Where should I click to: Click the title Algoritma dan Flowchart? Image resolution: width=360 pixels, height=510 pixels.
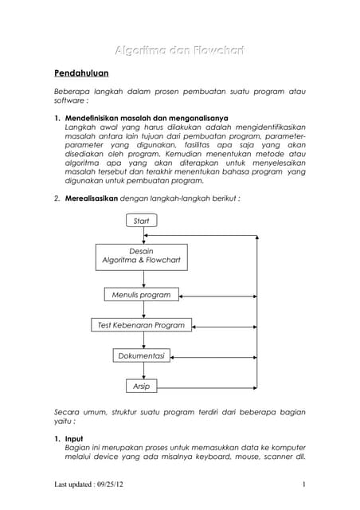coord(179,50)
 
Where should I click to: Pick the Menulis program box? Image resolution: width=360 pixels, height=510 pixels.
coord(141,295)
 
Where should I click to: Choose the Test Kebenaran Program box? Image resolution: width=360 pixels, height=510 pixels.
coord(141,325)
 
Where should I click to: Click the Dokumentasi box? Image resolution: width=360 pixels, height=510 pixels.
coord(142,355)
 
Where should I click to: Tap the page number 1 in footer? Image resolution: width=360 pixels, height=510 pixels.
coord(304,485)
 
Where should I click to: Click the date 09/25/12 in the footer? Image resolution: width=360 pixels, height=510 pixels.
coord(119,485)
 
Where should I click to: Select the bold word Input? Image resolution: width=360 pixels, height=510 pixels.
coord(74,438)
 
